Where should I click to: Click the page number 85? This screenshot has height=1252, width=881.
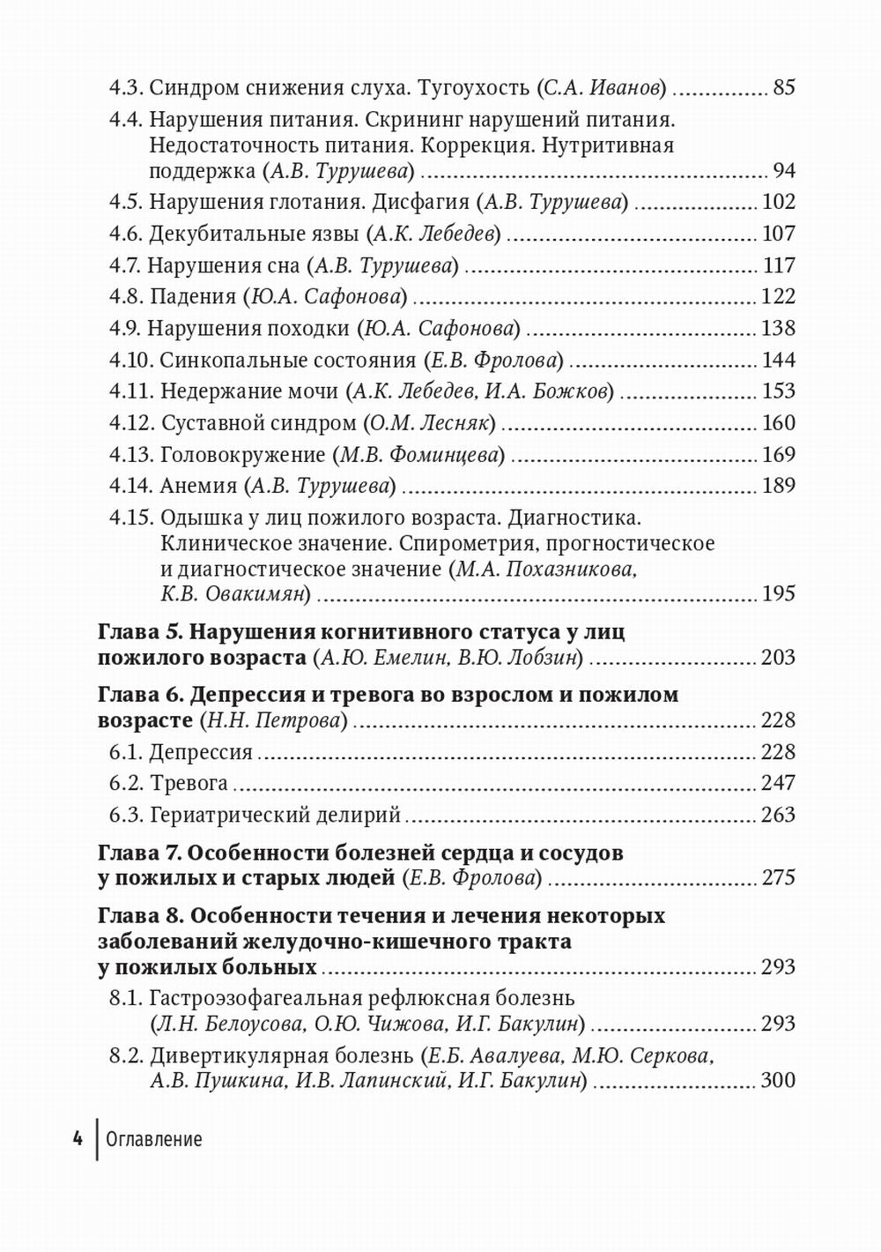[x=783, y=87]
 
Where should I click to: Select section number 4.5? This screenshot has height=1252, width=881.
[x=126, y=202]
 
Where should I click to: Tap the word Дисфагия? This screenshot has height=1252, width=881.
[x=420, y=202]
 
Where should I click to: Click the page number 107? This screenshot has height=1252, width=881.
[x=778, y=234]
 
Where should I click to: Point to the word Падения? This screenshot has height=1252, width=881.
[x=193, y=296]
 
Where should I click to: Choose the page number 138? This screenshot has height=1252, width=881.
[x=778, y=328]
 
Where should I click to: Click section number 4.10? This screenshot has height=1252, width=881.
[x=130, y=360]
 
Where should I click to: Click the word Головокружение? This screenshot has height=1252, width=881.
[x=242, y=454]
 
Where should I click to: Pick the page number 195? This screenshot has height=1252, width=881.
[x=778, y=593]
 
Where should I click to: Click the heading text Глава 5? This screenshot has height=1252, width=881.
[x=140, y=632]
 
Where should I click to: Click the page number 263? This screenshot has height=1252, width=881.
[x=778, y=815]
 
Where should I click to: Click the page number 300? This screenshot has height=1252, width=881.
[x=778, y=1080]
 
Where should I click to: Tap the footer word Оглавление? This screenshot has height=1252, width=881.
[x=154, y=1139]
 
